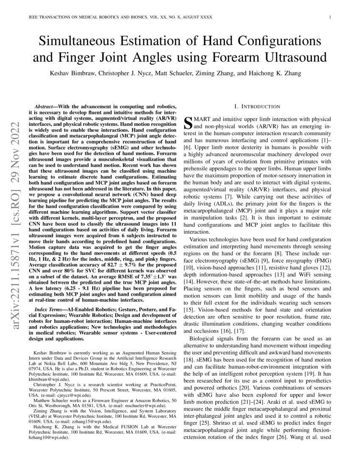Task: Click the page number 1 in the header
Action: (330, 17)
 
